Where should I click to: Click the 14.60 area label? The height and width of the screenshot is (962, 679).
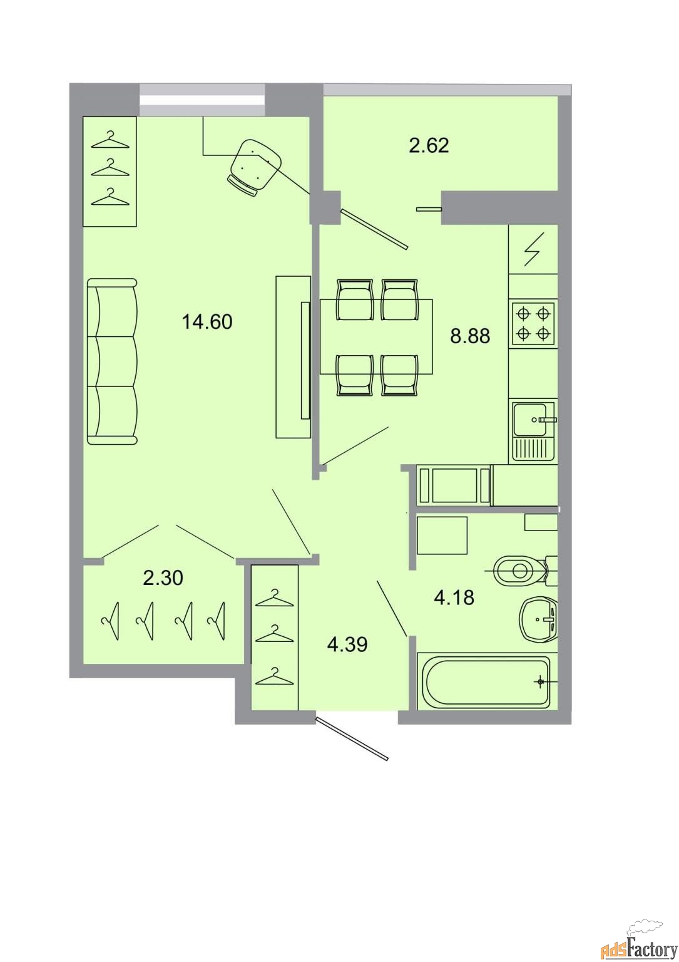207,322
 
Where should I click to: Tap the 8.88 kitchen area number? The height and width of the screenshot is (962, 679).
469,336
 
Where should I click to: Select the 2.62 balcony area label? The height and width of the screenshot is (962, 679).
429,145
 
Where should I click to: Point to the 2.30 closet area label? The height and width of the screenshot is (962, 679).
163,577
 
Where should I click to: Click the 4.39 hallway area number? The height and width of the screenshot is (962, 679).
347,645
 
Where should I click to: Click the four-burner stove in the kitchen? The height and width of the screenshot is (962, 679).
533,323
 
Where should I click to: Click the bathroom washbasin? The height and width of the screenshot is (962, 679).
538,619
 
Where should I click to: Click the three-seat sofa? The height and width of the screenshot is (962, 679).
112,361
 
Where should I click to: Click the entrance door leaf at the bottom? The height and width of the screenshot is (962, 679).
352,738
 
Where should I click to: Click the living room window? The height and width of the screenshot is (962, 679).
202,100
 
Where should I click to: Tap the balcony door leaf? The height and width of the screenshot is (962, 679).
374,229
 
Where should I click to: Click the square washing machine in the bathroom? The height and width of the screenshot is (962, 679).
442,535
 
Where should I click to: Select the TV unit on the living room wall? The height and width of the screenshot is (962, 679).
293,357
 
